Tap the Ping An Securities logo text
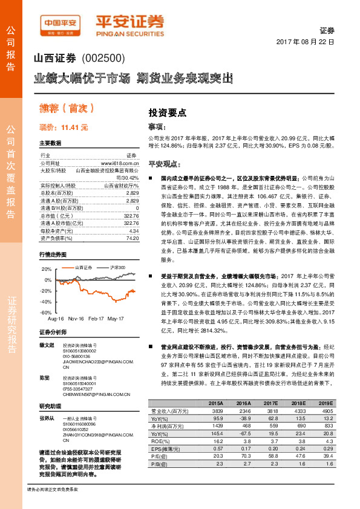[130, 23]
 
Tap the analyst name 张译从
[47, 418]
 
